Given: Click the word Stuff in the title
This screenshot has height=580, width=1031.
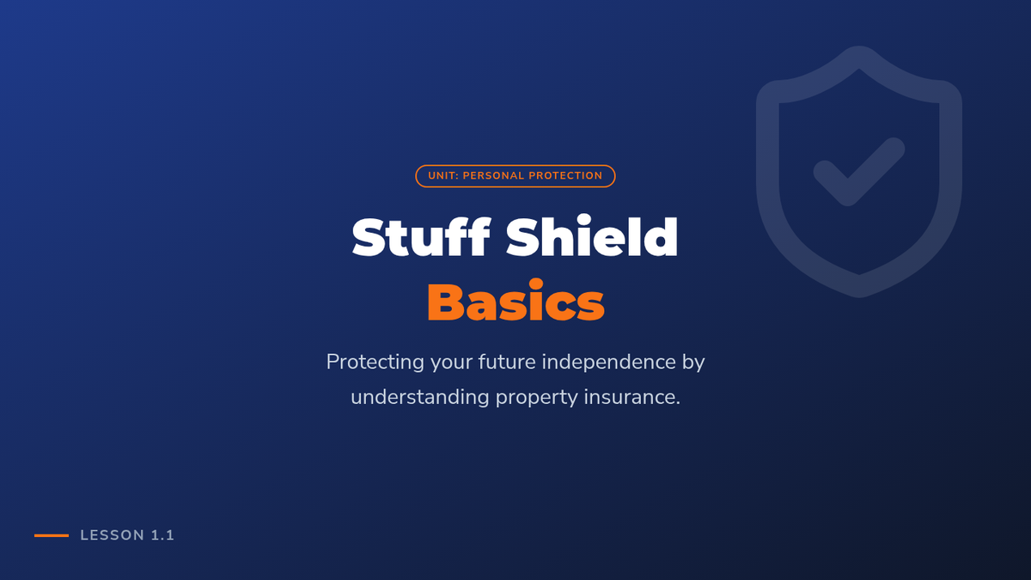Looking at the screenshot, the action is click(421, 236).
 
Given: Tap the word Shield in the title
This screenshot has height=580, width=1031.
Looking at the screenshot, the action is click(592, 235).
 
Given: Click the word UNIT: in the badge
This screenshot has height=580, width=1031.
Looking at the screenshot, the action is click(443, 176).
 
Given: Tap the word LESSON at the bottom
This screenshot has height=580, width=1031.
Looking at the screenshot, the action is click(113, 535).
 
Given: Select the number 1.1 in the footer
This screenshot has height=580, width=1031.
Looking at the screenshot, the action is click(162, 535).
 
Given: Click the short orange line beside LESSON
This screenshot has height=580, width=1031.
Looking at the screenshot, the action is click(52, 535).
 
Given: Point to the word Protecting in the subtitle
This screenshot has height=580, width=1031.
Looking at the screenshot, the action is click(375, 363).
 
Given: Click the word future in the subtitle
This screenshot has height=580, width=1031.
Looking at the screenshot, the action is click(507, 362).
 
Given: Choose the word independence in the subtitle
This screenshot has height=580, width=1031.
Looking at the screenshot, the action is click(609, 363).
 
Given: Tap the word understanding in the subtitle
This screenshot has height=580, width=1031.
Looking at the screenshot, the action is click(420, 398).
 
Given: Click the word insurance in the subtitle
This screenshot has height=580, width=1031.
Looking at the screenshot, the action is click(629, 397).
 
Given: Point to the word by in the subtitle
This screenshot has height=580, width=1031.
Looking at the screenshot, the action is click(693, 363).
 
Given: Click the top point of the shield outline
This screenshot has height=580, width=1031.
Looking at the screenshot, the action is click(859, 46).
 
